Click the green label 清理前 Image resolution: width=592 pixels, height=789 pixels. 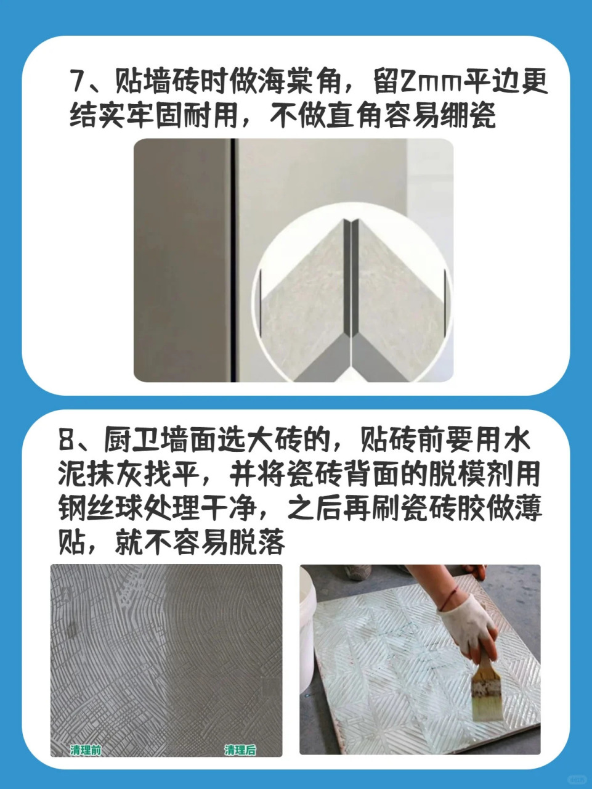coord(86,750)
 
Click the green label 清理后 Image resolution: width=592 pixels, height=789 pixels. coord(240,750)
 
